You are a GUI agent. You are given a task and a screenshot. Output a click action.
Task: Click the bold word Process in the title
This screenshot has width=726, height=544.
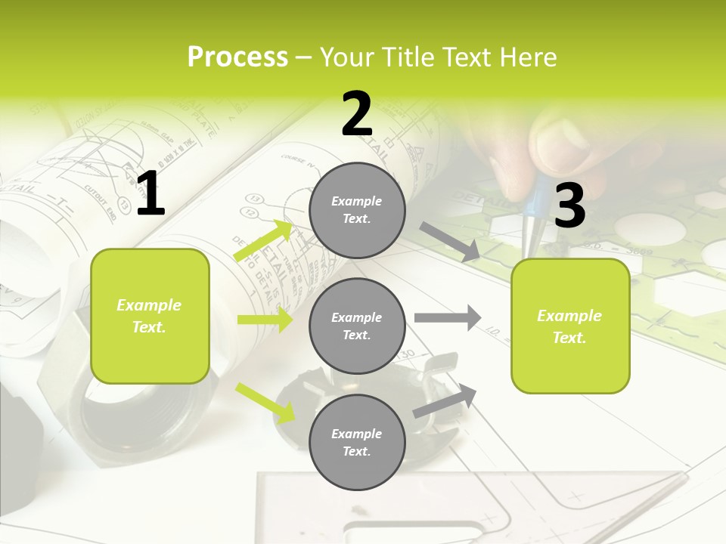pos(237,57)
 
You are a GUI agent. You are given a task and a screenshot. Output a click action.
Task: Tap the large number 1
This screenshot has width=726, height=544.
pos(151,194)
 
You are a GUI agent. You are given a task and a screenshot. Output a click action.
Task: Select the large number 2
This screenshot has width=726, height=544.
pos(357,114)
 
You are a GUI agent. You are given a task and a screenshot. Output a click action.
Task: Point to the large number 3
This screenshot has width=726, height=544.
pos(570,206)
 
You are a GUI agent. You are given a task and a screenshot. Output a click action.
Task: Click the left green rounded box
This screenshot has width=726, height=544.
pos(150,316)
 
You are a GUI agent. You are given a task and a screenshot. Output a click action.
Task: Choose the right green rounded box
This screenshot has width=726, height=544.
pos(570,326)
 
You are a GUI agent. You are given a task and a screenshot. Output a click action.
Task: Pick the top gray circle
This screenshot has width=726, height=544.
pos(357,210)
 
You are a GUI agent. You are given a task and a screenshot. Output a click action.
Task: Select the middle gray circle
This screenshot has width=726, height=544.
pos(357,326)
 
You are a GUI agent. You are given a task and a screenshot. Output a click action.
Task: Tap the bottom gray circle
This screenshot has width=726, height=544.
pos(357,442)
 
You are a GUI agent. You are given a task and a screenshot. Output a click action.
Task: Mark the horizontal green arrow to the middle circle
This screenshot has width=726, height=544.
pos(265,320)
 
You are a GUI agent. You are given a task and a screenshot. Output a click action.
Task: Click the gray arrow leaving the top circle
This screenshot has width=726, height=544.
pos(449,241)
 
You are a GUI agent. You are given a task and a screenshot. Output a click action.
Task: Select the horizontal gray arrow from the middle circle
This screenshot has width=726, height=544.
pos(448,317)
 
